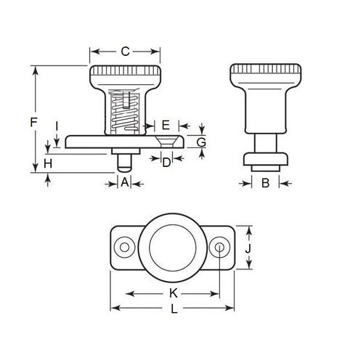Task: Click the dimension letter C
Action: [x=124, y=52]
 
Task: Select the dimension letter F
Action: [x=34, y=123]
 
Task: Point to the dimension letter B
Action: [x=265, y=183]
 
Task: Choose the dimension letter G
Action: [x=201, y=142]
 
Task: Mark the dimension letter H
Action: [x=48, y=164]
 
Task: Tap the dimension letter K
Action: [x=174, y=293]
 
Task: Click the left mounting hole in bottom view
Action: [x=125, y=248]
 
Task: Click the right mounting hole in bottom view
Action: [x=220, y=248]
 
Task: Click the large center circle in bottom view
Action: [x=172, y=248]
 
